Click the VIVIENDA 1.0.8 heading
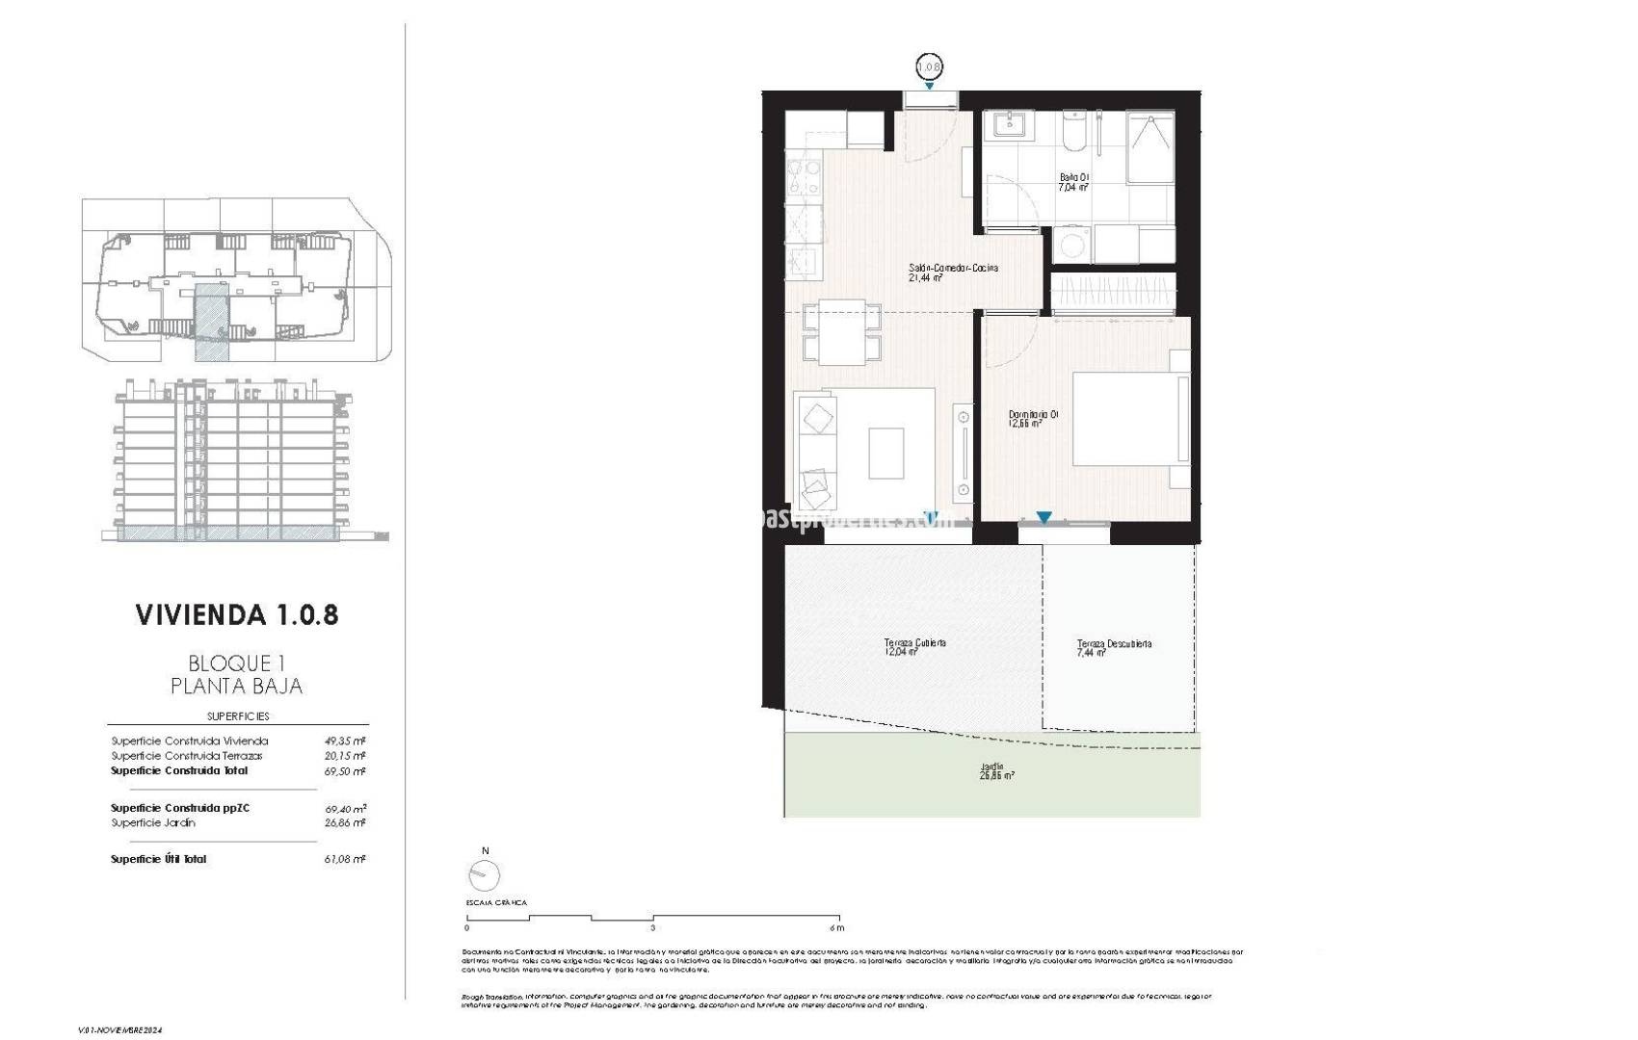[237, 614]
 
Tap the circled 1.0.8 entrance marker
[928, 67]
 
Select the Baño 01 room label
[1074, 182]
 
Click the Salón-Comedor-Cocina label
[952, 272]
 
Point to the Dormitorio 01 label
[1033, 418]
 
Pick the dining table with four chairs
[842, 331]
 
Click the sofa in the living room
[815, 451]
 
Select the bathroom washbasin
[1008, 125]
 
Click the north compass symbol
[485, 874]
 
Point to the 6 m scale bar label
[837, 928]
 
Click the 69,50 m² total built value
[344, 771]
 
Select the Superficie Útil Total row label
[158, 859]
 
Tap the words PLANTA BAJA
[236, 686]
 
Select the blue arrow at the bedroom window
[1044, 518]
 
